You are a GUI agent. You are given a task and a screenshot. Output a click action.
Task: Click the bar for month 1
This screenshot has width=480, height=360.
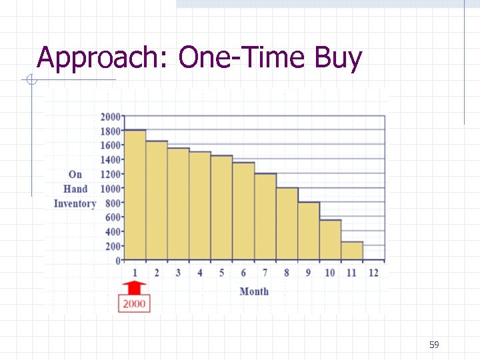[135, 195]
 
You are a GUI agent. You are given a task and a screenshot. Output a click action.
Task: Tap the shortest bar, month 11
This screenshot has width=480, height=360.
[352, 251]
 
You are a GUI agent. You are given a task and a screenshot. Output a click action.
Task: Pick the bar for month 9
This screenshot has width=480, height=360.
[309, 231]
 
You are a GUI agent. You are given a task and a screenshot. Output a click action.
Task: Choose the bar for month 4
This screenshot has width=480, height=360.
[200, 205]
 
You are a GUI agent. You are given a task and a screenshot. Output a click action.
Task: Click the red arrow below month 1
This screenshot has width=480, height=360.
[135, 287]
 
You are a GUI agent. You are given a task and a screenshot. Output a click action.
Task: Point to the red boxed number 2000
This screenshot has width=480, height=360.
[134, 303]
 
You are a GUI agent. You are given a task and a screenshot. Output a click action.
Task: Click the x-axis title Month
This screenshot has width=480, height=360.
[254, 291]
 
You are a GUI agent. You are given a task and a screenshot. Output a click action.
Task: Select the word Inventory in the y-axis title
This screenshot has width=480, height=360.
[75, 203]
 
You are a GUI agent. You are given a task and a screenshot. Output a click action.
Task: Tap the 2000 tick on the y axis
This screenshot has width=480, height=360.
[111, 117]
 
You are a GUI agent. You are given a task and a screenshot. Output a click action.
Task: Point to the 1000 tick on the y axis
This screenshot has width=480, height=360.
[111, 189]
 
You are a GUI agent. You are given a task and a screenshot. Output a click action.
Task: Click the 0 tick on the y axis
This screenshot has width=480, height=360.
[118, 261]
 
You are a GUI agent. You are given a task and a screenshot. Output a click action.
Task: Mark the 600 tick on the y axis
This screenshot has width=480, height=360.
[113, 217]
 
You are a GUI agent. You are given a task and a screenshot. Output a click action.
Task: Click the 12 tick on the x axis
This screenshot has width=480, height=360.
[373, 273]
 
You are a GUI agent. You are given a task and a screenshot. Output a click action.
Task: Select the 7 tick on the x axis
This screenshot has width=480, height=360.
[265, 273]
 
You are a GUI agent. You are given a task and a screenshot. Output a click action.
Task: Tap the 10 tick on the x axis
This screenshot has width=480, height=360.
[330, 273]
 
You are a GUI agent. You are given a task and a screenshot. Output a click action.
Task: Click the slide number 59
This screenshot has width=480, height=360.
[434, 345]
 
